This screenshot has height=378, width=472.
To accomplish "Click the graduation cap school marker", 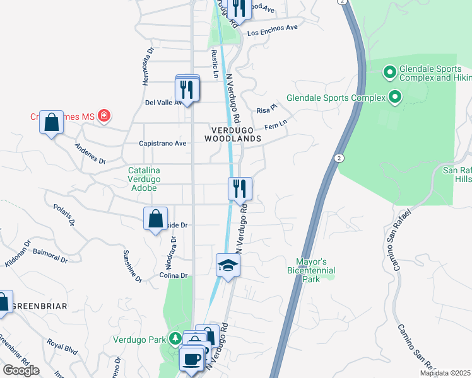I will (228, 265).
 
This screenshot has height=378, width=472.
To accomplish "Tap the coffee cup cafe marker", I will (191, 360).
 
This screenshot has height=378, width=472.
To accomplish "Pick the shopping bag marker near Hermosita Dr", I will (51, 122).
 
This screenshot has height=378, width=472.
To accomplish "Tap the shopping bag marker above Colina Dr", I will (155, 219).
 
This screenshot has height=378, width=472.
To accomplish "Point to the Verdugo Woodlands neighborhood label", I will (233, 133).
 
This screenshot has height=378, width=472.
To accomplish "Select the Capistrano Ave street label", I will (163, 144).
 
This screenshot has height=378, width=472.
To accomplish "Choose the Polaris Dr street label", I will (64, 214).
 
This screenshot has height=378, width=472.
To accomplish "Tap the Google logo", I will (21, 370).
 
